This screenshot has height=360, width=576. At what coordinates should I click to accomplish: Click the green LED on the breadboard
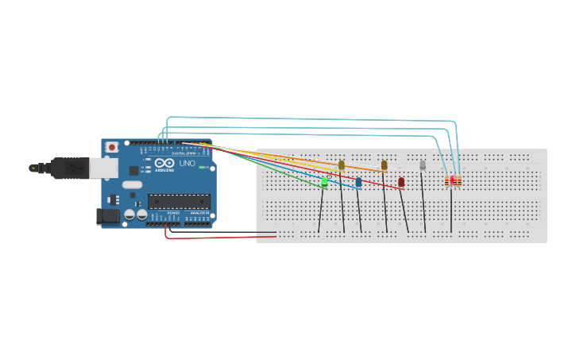coord(324,182)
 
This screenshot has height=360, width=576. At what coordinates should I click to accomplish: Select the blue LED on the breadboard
coord(358,182)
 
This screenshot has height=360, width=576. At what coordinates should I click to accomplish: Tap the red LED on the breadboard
coord(401,182)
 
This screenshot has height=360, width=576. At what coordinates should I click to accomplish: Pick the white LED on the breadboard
coord(423,165)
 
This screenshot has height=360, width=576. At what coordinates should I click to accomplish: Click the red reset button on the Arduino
coord(112,147)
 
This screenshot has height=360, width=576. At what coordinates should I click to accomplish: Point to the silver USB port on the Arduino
coord(101,168)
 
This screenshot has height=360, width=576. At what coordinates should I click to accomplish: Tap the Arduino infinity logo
coord(164,164)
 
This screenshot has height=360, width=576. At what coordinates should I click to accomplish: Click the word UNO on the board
coord(187,164)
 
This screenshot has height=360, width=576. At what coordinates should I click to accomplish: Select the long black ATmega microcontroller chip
coord(179,202)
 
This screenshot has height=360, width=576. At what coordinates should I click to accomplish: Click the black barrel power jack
coord(107,215)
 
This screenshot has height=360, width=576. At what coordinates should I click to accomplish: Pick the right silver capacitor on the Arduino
coord(141,214)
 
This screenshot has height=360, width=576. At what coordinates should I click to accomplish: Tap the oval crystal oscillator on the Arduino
coord(132,184)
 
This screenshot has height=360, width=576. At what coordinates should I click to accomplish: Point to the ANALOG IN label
coord(199,213)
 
